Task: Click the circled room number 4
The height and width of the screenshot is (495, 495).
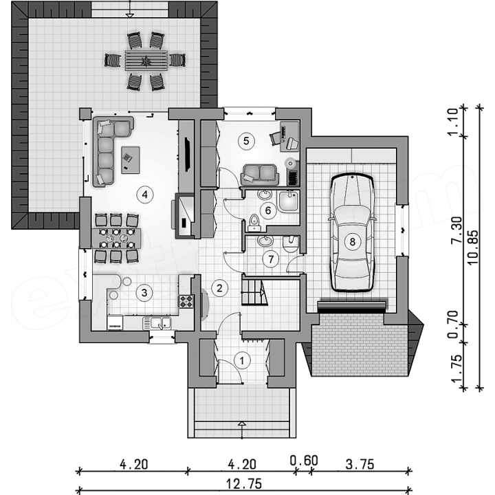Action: point(144,195)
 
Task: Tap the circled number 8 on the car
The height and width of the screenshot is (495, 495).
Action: point(352,242)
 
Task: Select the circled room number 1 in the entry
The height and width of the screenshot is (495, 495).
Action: point(242,360)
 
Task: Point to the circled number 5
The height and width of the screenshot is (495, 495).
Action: point(246,141)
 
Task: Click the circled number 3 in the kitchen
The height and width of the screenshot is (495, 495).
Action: point(144,293)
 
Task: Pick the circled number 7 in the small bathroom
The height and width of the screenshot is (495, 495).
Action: point(271,259)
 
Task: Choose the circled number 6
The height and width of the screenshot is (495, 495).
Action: point(268,210)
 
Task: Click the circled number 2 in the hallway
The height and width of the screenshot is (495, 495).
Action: point(219,287)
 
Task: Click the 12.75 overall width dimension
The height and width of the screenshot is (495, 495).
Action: point(244,483)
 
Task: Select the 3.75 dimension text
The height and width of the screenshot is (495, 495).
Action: point(360,465)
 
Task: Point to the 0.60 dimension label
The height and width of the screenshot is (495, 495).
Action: point(304,461)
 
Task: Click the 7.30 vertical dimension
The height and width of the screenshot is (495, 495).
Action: point(456,230)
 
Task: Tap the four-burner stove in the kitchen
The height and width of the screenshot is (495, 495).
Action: point(186,301)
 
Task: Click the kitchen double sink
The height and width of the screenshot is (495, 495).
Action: point(157,323)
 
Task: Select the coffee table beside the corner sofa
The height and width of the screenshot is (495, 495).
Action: point(131,159)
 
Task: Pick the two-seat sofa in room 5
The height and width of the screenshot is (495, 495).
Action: point(260,175)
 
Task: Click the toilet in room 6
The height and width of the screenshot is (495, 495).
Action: point(254,222)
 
